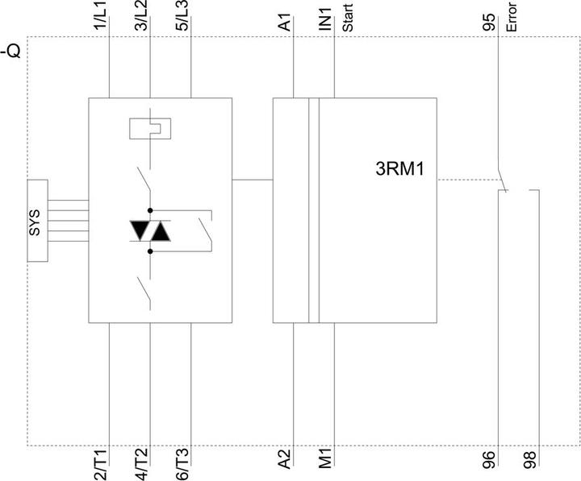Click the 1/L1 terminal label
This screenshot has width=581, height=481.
[x=100, y=15]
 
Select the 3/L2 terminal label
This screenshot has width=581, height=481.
[x=141, y=15]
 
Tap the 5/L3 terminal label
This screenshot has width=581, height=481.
[x=182, y=15]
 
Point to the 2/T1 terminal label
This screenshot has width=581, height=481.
[x=100, y=465]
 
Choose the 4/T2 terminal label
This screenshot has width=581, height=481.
[x=141, y=465]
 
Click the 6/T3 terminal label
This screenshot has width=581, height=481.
[x=182, y=465]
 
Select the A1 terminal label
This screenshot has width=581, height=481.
[x=285, y=23]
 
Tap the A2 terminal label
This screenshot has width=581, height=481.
[x=285, y=458]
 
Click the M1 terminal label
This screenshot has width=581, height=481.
[x=325, y=458]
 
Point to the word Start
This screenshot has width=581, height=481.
[x=347, y=19]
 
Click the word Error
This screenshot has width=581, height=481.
[x=512, y=18]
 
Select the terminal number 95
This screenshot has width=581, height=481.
[x=489, y=23]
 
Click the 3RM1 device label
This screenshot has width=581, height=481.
[x=399, y=168]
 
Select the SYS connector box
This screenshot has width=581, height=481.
[x=37, y=221]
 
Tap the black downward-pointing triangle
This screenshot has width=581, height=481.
[x=140, y=230]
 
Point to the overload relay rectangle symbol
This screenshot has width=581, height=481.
[x=150, y=128]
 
